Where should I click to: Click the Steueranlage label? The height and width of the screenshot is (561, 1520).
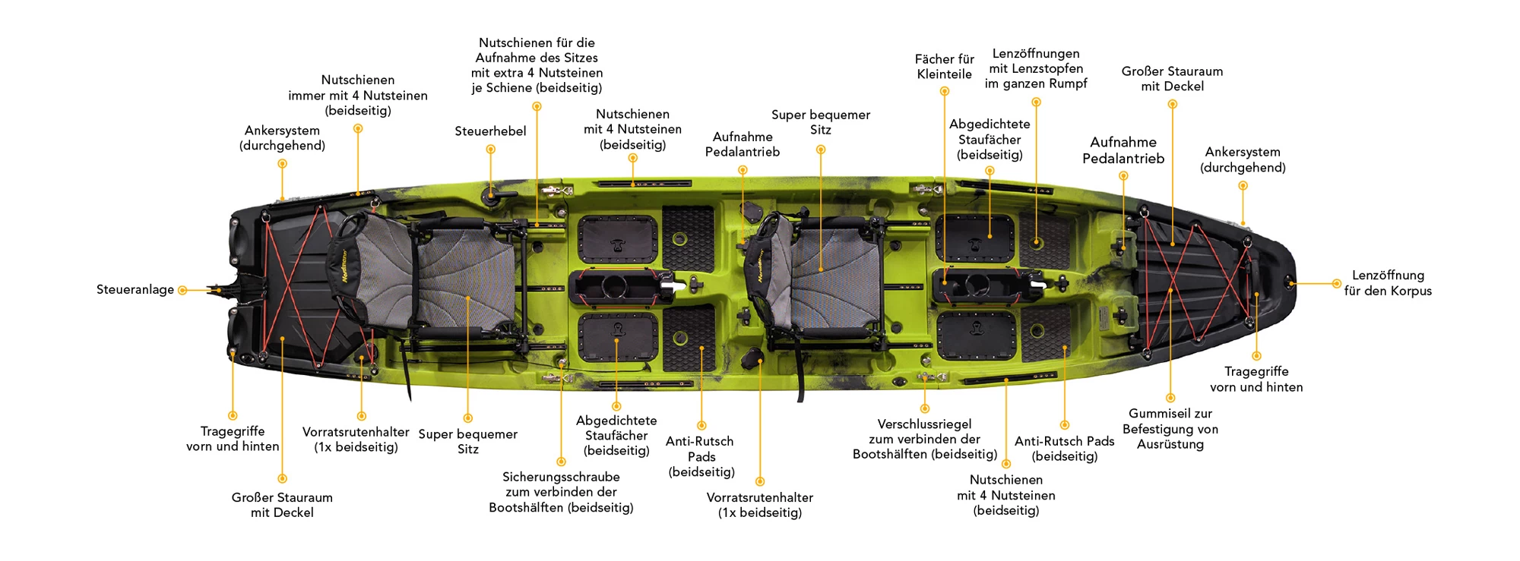135,289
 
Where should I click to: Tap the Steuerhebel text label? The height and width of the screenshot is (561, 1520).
490,131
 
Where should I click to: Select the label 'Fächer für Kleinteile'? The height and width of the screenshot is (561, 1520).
944,67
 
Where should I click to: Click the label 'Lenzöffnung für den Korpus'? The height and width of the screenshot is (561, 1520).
1388,282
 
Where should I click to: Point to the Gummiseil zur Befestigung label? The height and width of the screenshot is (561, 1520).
1170,429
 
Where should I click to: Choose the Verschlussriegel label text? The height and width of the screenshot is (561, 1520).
925,439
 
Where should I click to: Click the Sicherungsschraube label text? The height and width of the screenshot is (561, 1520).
561,492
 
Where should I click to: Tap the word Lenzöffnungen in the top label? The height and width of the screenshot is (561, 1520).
1036,53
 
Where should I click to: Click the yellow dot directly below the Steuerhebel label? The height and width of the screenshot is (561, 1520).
491,150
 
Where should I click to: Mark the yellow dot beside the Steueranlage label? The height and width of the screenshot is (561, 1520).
182,290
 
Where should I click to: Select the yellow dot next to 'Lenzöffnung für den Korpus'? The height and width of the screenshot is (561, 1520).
1336,284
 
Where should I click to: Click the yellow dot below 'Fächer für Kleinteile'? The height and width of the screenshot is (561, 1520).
945,91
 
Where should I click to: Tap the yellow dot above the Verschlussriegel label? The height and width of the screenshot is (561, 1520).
925,408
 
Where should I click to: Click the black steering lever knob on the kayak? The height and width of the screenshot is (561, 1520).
492,195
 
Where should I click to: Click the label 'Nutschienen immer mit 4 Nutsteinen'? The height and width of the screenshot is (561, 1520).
358,95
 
